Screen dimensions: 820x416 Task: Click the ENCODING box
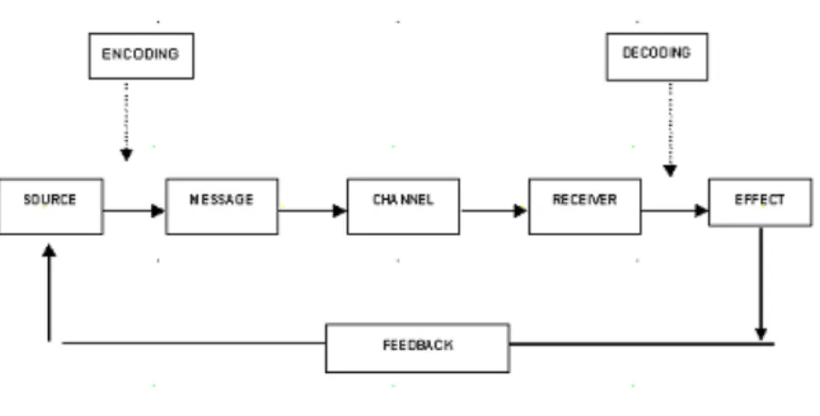pos(141,56)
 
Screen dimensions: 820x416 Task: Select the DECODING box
pos(657,57)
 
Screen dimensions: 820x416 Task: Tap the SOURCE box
pos(51,206)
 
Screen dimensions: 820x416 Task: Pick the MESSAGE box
pos(222,206)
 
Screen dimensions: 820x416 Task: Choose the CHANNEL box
pos(403,206)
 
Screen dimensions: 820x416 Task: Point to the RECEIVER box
pos(585,206)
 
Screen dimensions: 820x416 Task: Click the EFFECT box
pos(760,202)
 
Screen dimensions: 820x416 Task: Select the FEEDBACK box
pos(418,348)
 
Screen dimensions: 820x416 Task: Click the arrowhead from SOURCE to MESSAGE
pos(158,211)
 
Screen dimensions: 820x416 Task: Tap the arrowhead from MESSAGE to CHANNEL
pos(340,211)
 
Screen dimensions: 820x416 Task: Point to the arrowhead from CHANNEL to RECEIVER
pos(520,211)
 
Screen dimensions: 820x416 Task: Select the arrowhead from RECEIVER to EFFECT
pos(701,211)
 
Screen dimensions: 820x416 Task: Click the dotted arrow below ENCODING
pos(126,121)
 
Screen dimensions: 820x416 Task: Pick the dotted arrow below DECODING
pos(670,129)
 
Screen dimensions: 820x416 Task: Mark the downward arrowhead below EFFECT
pos(761,334)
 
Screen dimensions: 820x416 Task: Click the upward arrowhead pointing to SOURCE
pos(49,250)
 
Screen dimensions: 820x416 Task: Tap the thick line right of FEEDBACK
pos(642,344)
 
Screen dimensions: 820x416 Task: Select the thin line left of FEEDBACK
pos(194,343)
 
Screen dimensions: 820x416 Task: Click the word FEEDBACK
pos(418,346)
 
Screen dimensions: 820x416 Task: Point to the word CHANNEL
pos(402,200)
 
